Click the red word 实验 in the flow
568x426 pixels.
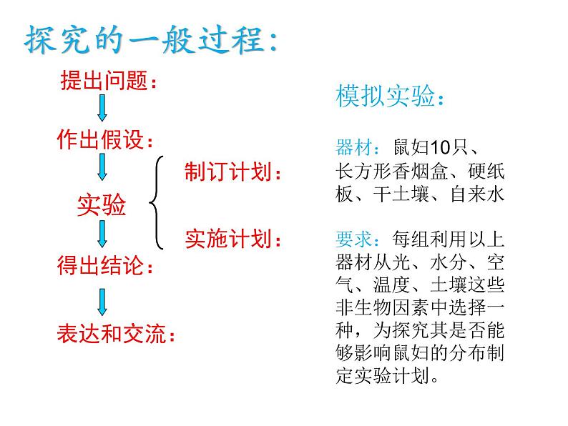(102, 205)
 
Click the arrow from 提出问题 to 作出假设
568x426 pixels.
(102, 108)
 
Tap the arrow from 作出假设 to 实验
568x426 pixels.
(102, 167)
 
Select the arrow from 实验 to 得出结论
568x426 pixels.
(102, 234)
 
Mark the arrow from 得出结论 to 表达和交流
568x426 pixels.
(102, 302)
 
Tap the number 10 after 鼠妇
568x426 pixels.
(440, 147)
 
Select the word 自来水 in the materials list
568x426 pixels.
(477, 194)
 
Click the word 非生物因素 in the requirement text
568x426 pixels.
(383, 307)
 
